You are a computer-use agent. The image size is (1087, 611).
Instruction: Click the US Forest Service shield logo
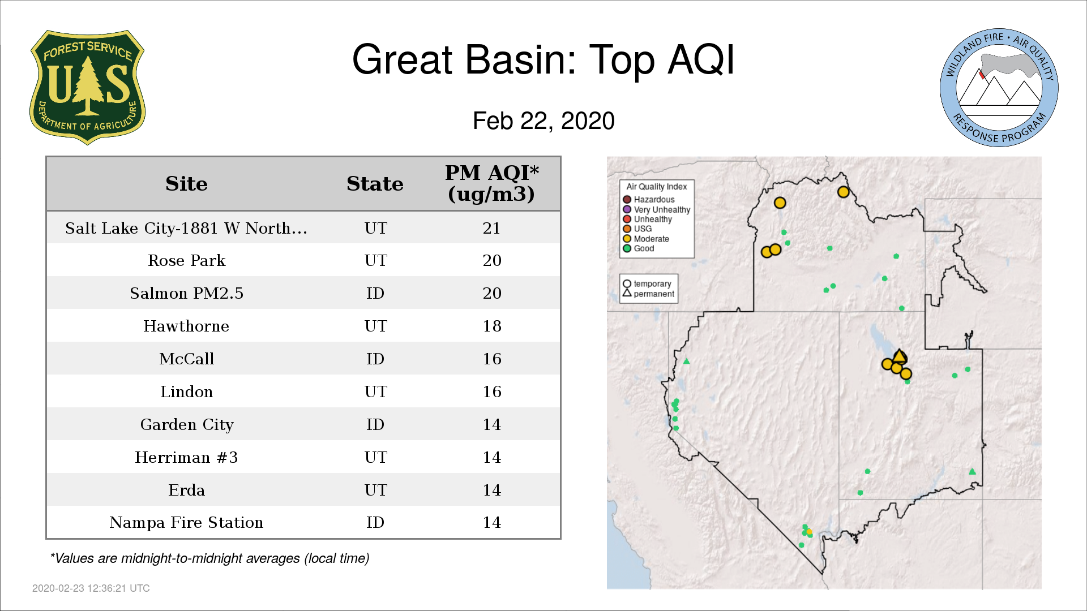(x=87, y=88)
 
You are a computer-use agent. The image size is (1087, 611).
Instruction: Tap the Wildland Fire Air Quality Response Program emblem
(x=999, y=88)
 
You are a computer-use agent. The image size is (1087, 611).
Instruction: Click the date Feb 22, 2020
(x=543, y=121)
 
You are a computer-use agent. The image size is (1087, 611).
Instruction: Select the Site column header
(x=186, y=184)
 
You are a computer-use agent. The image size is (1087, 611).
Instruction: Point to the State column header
(x=375, y=184)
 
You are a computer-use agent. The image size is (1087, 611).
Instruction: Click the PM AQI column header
(x=491, y=183)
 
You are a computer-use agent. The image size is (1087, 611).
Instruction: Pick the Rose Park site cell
(x=186, y=260)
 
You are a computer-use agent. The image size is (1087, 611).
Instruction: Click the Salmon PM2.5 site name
(x=186, y=293)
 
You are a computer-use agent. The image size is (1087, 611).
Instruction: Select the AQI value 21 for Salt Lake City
(x=491, y=228)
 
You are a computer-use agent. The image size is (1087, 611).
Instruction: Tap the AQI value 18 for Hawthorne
(x=491, y=326)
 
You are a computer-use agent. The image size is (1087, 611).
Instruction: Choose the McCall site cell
(x=186, y=359)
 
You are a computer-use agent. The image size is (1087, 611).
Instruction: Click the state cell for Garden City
(x=375, y=424)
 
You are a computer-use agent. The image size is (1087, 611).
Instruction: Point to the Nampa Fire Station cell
(x=186, y=522)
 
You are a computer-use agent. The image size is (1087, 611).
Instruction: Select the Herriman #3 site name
(x=186, y=457)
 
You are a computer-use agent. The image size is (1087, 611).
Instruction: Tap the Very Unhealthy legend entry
(x=656, y=209)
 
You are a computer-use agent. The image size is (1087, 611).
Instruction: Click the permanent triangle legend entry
(x=648, y=294)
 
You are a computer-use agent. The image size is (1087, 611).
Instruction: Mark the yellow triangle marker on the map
(x=900, y=356)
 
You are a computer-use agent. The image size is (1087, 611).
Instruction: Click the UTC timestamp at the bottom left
(x=91, y=588)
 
